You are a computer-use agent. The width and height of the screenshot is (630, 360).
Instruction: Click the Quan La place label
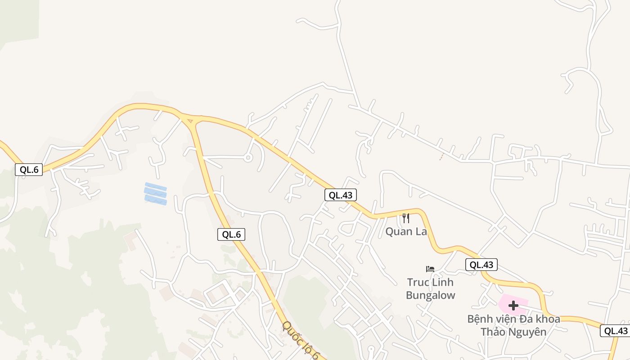click(405, 231)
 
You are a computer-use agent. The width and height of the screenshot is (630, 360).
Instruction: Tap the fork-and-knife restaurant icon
click(405, 218)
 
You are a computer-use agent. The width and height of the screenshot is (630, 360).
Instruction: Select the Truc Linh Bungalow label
click(430, 288)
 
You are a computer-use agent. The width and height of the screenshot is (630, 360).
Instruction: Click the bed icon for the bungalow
click(430, 269)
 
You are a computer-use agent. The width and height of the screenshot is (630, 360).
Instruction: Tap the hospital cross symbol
click(513, 306)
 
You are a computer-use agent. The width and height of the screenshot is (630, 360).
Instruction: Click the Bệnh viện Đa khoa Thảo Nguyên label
click(513, 325)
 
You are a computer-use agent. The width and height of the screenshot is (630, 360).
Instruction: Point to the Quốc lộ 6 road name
click(301, 341)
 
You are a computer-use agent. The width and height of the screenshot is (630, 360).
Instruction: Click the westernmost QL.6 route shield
click(29, 170)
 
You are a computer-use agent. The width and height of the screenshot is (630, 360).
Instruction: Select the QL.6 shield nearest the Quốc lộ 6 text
click(231, 234)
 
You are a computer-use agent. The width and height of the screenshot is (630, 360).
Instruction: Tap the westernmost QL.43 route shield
click(341, 195)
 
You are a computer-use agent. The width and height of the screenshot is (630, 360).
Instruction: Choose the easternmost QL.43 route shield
click(616, 331)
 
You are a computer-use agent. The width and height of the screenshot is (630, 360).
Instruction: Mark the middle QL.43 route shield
click(481, 265)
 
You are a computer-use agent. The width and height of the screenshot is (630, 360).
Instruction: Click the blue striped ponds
click(155, 193)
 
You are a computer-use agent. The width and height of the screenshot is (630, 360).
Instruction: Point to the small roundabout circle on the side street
click(247, 157)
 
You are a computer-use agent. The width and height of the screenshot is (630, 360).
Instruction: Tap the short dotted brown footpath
click(441, 156)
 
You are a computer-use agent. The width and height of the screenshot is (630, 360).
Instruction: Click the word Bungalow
click(430, 295)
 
